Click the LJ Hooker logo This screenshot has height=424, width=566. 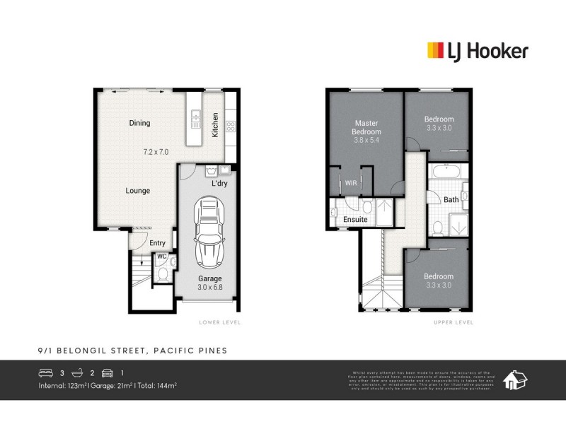pyautogui.click(x=478, y=50)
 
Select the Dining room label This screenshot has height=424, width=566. pyautogui.click(x=139, y=123)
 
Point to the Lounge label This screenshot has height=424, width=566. pyautogui.click(x=137, y=191)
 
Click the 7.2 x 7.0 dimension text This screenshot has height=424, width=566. pyautogui.click(x=156, y=152)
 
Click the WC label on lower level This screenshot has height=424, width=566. pyautogui.click(x=161, y=256)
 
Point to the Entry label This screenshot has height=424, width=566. pyautogui.click(x=157, y=243)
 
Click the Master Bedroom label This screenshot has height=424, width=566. pyautogui.click(x=367, y=127)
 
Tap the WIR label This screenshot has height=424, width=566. pyautogui.click(x=351, y=183)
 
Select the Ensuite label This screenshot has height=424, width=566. pyautogui.click(x=355, y=220)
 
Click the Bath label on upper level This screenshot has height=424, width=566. pyautogui.click(x=451, y=200)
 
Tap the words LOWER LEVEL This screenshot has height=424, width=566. pyautogui.click(x=220, y=322)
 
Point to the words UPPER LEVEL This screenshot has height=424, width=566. pyautogui.click(x=453, y=322)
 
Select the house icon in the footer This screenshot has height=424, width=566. pyautogui.click(x=514, y=379)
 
